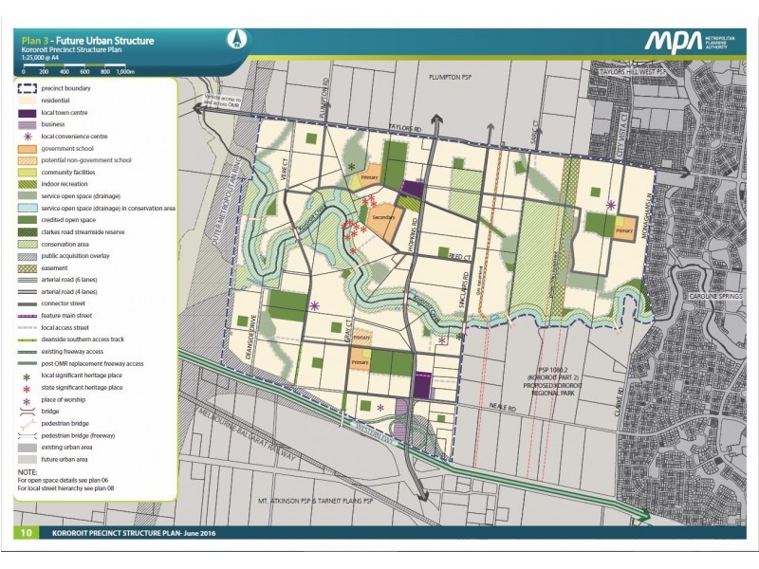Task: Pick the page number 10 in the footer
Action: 27,533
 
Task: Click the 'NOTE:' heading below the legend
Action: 28,471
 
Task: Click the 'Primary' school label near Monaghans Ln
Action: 623,229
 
